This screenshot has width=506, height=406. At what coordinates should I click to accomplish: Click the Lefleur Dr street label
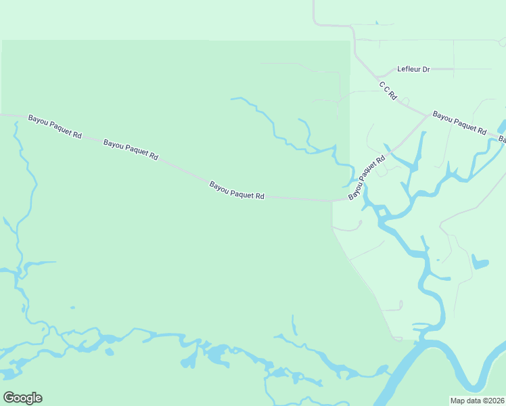[x=413, y=69]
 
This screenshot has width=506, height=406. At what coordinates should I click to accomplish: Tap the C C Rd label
[x=387, y=91]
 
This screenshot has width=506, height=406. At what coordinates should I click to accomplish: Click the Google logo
[x=22, y=398]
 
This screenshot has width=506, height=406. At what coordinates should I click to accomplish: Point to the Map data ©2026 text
[x=477, y=401]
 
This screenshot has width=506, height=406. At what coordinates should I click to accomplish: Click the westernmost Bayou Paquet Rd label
[x=55, y=127]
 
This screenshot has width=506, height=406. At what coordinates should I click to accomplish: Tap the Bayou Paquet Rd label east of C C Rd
[x=459, y=122]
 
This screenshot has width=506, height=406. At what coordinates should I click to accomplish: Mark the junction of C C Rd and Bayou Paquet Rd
[x=428, y=114]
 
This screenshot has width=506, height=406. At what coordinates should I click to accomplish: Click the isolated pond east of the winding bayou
[x=479, y=262]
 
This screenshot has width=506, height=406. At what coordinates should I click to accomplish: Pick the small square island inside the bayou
[x=381, y=213]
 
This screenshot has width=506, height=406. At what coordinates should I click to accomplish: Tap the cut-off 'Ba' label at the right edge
[x=503, y=139]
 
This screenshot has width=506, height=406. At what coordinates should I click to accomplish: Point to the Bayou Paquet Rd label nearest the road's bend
[x=236, y=190]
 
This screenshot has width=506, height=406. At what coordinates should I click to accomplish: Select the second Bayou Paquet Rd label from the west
[x=131, y=150]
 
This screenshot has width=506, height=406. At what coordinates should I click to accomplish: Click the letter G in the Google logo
[x=9, y=398]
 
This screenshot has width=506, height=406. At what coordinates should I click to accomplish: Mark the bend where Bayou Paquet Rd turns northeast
[x=332, y=201]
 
